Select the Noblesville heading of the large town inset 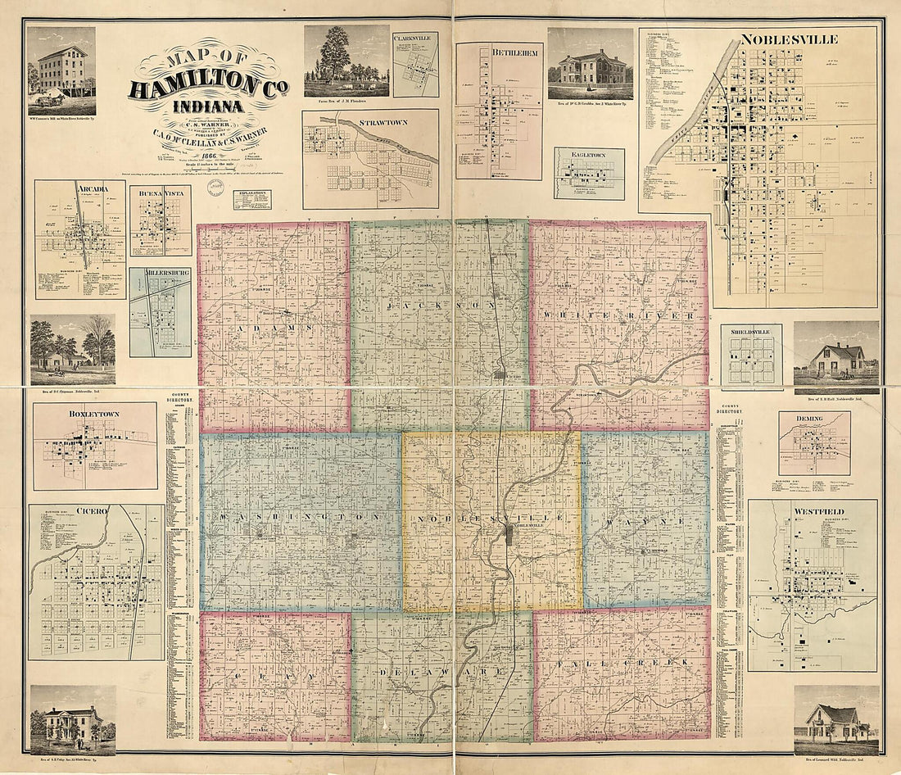tap(777, 39)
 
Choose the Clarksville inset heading tap(415, 39)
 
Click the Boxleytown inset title tap(94, 415)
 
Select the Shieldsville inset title tap(751, 332)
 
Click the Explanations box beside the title tap(251, 200)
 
